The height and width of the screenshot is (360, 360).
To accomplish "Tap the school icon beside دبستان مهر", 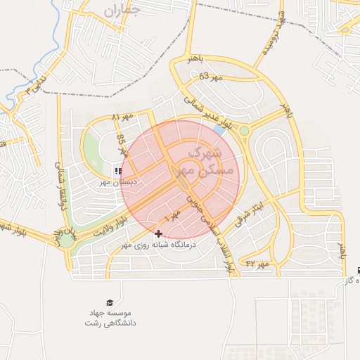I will click(x=117, y=171).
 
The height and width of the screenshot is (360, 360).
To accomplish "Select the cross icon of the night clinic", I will click(x=157, y=233).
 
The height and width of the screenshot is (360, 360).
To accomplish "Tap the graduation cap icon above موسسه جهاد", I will click(x=109, y=302).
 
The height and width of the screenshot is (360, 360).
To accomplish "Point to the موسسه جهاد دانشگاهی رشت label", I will click(x=112, y=318).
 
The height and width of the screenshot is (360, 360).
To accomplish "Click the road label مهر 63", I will click(x=210, y=77).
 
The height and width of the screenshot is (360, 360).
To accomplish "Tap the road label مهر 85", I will click(x=122, y=144).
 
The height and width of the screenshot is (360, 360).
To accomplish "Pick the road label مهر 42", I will click(x=258, y=264).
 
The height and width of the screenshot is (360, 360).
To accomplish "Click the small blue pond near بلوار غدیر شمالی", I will click(x=220, y=130).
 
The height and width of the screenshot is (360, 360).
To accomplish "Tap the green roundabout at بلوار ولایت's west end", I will click(x=66, y=240).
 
